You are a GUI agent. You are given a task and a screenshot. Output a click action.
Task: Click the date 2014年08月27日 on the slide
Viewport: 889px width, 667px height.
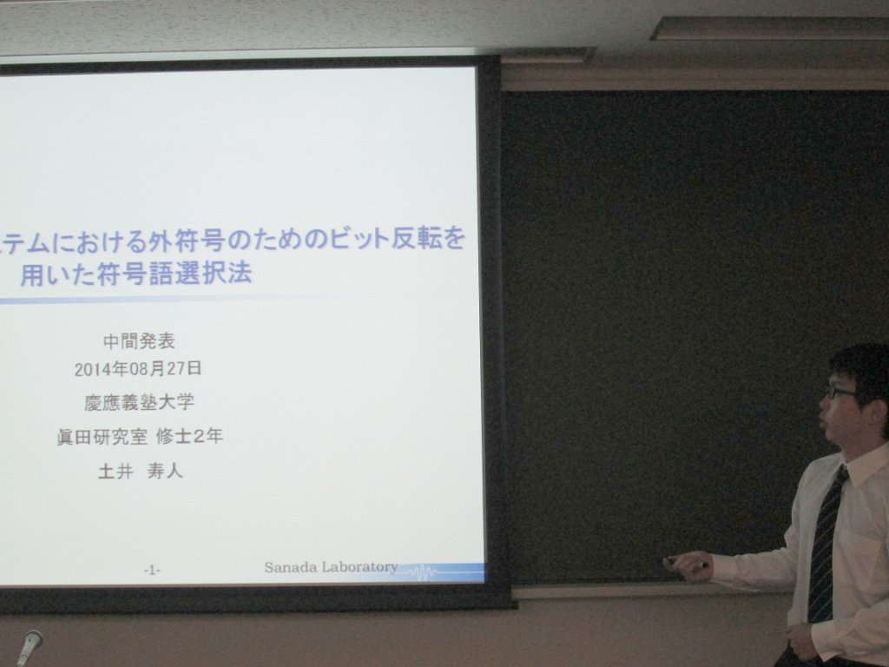[138, 369]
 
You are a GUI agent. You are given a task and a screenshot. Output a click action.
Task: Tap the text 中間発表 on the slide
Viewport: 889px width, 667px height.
[139, 340]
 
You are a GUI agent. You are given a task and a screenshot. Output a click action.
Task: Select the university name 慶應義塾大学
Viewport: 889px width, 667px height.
[140, 402]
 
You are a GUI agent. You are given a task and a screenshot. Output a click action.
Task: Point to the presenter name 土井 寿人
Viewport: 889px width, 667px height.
[141, 471]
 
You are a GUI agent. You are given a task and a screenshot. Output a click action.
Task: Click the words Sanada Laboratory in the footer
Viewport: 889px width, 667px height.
[331, 566]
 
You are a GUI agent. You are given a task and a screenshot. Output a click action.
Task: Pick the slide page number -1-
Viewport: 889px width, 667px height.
[151, 570]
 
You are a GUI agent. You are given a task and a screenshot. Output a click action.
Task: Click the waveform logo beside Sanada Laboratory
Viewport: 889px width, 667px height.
[424, 571]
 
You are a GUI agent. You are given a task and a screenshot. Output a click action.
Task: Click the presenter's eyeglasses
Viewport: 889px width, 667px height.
[840, 392]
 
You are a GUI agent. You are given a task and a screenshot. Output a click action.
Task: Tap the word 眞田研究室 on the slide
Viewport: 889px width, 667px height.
[102, 437]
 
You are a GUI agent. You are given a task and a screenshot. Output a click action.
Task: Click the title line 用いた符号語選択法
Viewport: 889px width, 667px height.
[136, 274]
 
